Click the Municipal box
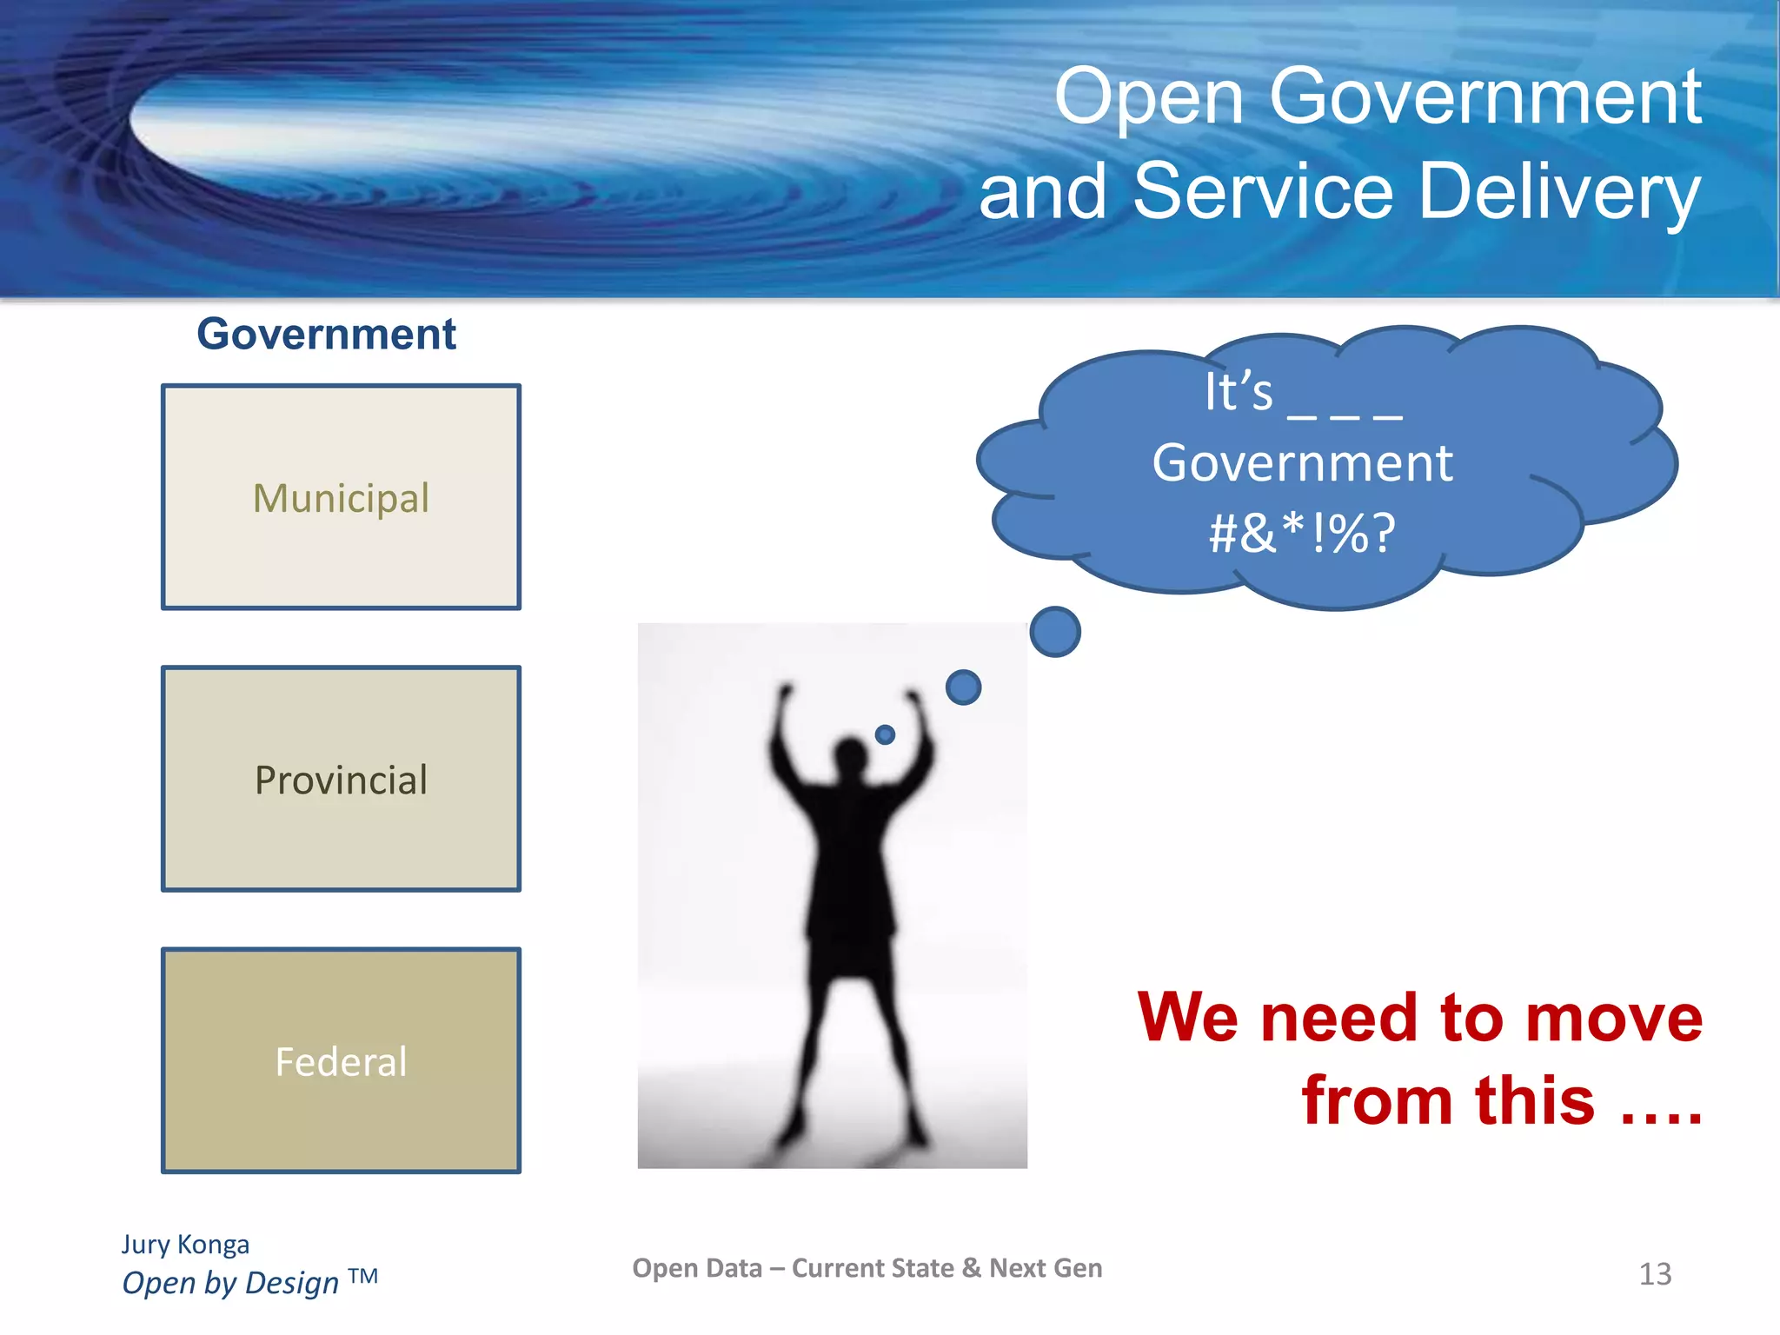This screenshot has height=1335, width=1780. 341,497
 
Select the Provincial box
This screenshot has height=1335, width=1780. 341,779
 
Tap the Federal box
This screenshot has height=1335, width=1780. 341,1060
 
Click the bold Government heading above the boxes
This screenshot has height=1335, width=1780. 326,334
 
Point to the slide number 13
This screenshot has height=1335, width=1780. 1655,1274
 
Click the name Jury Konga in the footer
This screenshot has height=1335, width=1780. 185,1245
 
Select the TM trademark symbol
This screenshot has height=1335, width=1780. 363,1276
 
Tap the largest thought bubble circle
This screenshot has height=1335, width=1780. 1055,632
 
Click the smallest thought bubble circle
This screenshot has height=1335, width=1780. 885,734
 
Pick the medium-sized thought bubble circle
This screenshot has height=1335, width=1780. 963,687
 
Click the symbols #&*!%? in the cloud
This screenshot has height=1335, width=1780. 1302,533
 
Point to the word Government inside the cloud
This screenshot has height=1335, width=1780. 1302,462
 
